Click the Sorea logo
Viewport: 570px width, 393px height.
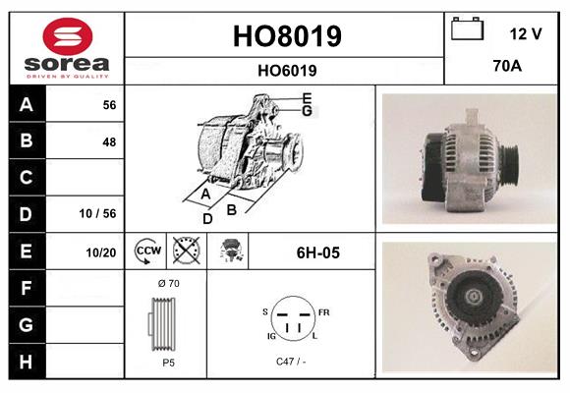pos(67,48)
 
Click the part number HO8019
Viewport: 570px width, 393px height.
pos(287,36)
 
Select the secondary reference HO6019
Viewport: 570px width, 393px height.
pos(287,70)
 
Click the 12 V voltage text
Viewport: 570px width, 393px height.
pos(526,33)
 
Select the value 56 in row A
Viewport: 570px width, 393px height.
pos(109,105)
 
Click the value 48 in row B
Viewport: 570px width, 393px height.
pos(109,141)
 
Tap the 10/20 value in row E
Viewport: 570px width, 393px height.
pos(101,253)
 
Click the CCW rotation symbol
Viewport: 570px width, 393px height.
pos(147,252)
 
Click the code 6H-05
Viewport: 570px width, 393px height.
pos(317,253)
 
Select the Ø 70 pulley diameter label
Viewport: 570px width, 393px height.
pos(167,284)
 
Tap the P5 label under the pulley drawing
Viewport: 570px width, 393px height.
pos(168,363)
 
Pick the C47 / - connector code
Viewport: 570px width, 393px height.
pos(292,363)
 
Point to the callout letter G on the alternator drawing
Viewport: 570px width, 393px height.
pos(307,111)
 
